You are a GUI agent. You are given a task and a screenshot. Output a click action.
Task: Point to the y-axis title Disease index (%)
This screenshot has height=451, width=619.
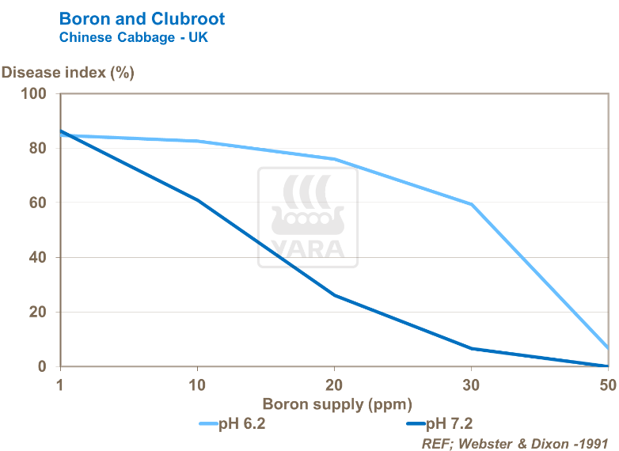pos(68,73)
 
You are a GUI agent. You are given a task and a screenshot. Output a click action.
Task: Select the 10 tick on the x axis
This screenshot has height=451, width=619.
pos(198,385)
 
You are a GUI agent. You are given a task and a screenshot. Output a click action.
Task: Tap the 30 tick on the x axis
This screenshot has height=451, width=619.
pos(472,385)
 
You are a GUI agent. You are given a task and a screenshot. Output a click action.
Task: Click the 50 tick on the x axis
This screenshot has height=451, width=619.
pos(607,385)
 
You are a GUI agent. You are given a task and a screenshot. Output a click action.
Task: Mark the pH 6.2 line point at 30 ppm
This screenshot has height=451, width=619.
pos(472,204)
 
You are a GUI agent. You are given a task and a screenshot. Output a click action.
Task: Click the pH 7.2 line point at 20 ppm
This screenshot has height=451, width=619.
pos(335,295)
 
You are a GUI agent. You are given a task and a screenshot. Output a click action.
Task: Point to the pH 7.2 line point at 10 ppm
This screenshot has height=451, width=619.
pos(198,200)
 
